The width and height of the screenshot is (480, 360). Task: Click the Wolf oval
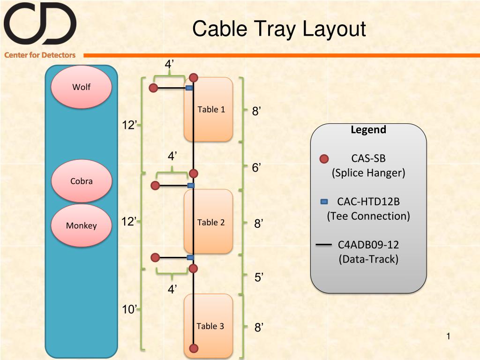click(x=81, y=87)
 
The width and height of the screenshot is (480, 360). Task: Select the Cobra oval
click(x=82, y=181)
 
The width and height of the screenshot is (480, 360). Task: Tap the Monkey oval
click(x=81, y=225)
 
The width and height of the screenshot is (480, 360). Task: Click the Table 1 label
click(x=211, y=109)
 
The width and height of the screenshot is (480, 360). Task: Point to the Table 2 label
click(x=211, y=222)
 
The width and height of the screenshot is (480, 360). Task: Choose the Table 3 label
click(x=210, y=326)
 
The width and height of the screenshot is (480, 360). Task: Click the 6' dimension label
click(x=256, y=167)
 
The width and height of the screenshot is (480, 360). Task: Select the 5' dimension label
click(x=259, y=277)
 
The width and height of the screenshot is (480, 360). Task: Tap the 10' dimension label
click(x=129, y=309)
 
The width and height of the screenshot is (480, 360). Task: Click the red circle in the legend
click(x=324, y=158)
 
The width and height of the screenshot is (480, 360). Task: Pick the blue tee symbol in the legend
click(x=324, y=202)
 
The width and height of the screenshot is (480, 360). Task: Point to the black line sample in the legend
click(x=323, y=245)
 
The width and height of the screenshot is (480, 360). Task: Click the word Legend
click(x=368, y=130)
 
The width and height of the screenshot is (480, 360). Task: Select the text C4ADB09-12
click(x=368, y=245)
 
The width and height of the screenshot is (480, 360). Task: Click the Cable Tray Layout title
click(x=279, y=29)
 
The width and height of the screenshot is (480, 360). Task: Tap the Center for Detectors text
click(x=40, y=55)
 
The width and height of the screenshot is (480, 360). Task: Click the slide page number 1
click(x=448, y=337)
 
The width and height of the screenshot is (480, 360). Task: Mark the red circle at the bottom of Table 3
click(x=194, y=348)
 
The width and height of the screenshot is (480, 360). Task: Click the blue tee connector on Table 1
click(x=189, y=88)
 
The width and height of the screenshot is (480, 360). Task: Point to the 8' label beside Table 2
click(x=259, y=224)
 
